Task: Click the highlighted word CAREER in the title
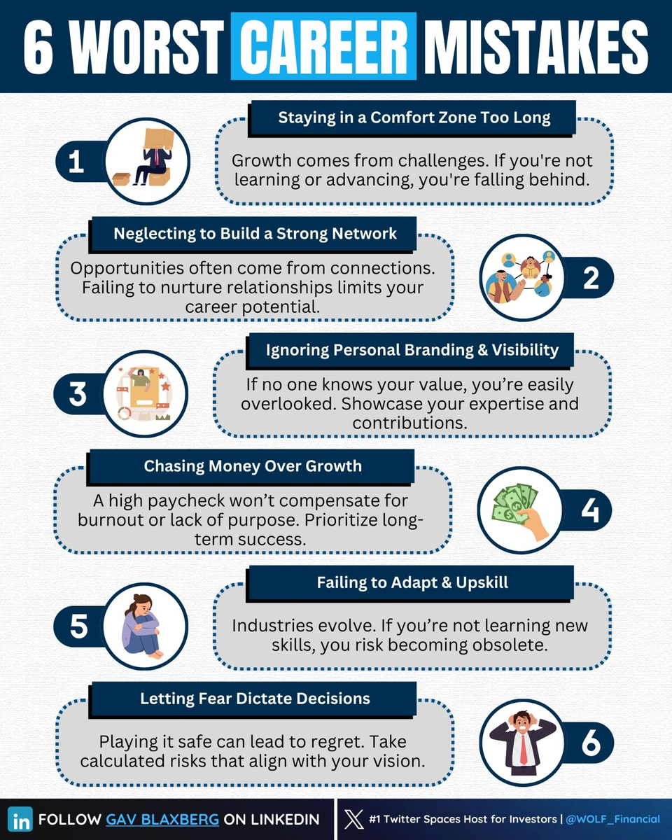click(x=323, y=46)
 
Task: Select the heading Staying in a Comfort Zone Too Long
click(x=414, y=117)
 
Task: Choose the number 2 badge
click(x=590, y=279)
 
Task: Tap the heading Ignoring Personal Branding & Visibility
click(x=412, y=349)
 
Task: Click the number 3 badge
click(x=77, y=394)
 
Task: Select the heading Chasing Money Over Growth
click(x=253, y=465)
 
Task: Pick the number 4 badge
click(x=590, y=510)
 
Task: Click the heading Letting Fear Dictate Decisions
click(x=255, y=698)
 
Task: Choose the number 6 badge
click(x=590, y=744)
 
